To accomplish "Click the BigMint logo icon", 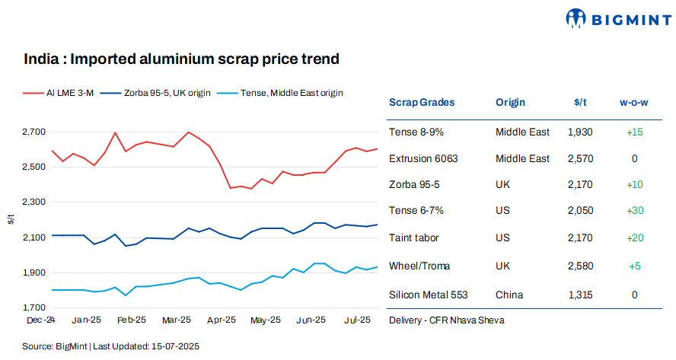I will (x=576, y=18).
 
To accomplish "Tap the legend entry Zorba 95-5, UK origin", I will (x=160, y=93).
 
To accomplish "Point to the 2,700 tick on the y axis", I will (x=35, y=132).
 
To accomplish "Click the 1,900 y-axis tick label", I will (x=35, y=272).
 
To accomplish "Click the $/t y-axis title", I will (x=10, y=219).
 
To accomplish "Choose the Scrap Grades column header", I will (x=422, y=102).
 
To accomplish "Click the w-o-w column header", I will (x=634, y=102).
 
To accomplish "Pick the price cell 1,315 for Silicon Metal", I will (x=580, y=295).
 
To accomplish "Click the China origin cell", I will (x=509, y=295).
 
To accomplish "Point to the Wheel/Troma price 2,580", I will (x=580, y=266).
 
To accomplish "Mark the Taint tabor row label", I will (x=416, y=238).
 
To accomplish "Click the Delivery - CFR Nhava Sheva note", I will (x=445, y=320).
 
